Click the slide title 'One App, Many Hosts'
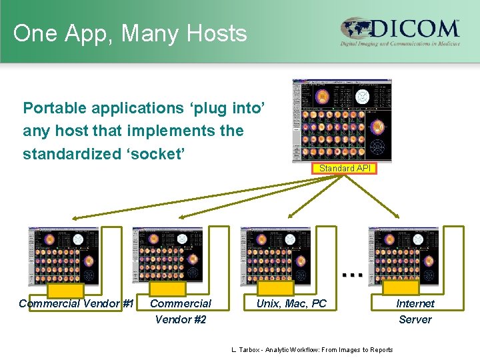129,33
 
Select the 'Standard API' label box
345,169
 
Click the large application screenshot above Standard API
342,120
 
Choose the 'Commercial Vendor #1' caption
76,303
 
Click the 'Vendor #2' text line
181,319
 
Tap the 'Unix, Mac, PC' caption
292,303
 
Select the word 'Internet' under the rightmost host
415,303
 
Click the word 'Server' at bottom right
415,319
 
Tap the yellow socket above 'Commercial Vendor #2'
166,289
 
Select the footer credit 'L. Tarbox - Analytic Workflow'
311,350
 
